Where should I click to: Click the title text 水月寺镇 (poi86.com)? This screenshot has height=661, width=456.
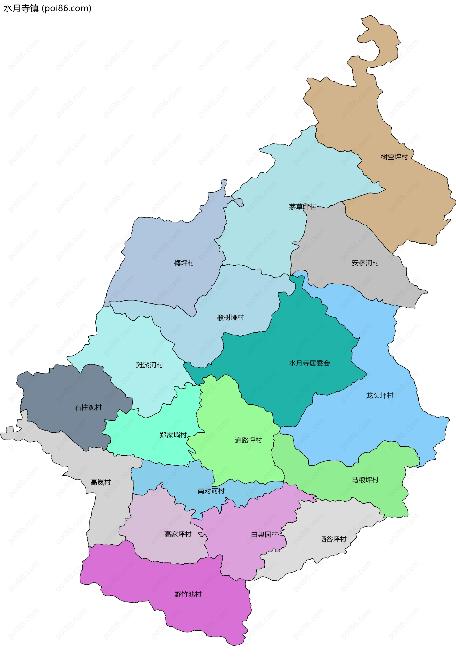[47, 8]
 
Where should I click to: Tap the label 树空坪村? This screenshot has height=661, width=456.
[394, 157]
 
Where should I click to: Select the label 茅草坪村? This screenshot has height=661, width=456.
[302, 207]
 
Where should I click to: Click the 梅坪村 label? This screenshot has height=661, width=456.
[184, 263]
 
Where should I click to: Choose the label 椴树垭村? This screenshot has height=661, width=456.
[230, 318]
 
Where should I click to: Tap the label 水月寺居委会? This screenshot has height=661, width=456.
[309, 363]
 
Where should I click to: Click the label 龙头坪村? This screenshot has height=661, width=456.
[380, 395]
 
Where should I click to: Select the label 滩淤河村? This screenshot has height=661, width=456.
[149, 365]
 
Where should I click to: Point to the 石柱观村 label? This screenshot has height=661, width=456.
[88, 407]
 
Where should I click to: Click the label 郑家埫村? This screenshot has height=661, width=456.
[173, 435]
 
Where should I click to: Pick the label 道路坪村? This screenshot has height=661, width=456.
[248, 440]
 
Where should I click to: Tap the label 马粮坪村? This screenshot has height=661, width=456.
[365, 480]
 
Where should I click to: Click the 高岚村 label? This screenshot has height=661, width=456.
[100, 482]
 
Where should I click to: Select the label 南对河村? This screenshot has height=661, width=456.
[211, 491]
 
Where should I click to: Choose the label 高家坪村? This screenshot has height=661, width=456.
[178, 534]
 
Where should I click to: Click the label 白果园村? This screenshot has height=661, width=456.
[264, 534]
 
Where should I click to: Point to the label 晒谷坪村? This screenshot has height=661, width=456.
[332, 539]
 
